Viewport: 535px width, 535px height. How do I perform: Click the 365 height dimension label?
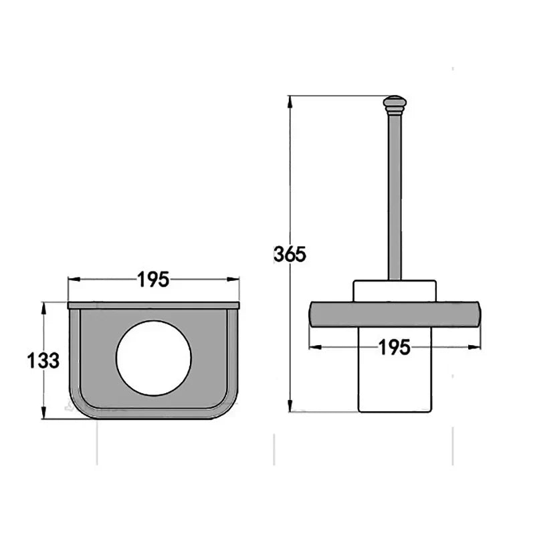tap(290, 254)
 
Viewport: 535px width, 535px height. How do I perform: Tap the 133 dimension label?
tap(43, 360)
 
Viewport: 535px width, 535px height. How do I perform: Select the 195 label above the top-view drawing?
tap(153, 280)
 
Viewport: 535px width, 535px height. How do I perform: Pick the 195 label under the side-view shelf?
tap(394, 348)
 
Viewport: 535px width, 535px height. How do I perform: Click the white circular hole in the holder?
tap(154, 358)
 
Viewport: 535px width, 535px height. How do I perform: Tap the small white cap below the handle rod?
tap(395, 291)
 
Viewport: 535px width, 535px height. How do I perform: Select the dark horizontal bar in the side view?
tap(395, 314)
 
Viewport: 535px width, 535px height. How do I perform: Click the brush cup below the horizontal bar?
tap(395, 370)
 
